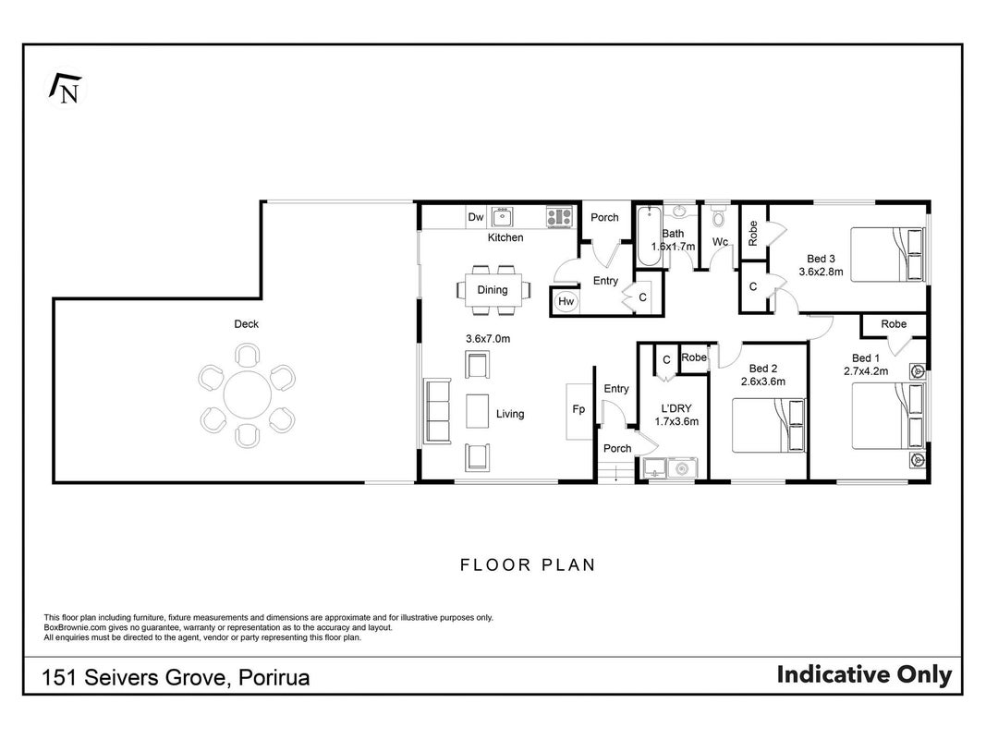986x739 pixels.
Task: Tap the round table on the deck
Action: tap(247, 394)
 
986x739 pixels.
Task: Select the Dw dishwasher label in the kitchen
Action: tap(476, 217)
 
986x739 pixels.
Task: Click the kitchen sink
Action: tap(502, 217)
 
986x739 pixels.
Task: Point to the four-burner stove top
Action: tap(559, 217)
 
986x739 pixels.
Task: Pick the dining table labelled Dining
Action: tap(493, 290)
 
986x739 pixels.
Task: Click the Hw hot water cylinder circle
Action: tap(566, 302)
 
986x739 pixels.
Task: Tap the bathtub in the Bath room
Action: tap(649, 236)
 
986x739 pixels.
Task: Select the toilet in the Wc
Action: tap(718, 216)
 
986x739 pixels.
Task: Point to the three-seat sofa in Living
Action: tap(438, 410)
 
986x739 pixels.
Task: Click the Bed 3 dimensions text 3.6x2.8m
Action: tap(822, 273)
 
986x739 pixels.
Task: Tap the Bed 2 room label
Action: tap(763, 369)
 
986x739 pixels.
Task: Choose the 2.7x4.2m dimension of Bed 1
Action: tap(866, 371)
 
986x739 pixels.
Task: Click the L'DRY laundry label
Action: tap(676, 408)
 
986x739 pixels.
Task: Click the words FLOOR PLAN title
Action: tap(528, 565)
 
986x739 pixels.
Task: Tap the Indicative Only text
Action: tap(864, 674)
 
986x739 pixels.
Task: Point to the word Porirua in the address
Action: tap(274, 678)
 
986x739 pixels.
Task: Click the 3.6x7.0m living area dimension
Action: tap(488, 339)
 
